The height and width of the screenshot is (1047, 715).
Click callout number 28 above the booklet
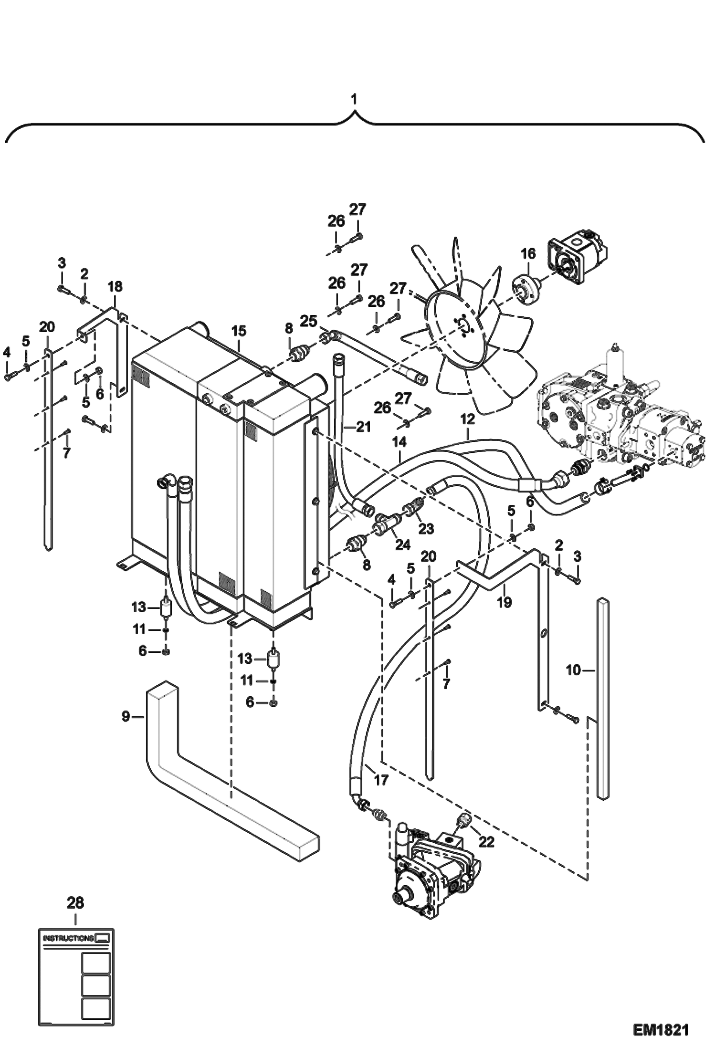pyautogui.click(x=75, y=902)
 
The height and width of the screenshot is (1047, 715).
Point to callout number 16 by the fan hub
pyautogui.click(x=528, y=253)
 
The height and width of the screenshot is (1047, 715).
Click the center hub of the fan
pyautogui.click(x=462, y=325)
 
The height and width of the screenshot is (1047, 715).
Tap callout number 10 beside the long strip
pyautogui.click(x=573, y=670)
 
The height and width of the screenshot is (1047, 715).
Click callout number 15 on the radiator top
pyautogui.click(x=239, y=331)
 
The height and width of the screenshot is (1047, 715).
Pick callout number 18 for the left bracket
pyautogui.click(x=115, y=286)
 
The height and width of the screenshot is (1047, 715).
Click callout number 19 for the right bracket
pyautogui.click(x=504, y=602)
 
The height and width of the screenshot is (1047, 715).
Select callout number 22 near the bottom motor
pyautogui.click(x=486, y=842)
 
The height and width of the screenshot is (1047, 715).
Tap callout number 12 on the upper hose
pyautogui.click(x=468, y=419)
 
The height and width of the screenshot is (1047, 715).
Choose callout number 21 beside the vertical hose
pyautogui.click(x=363, y=426)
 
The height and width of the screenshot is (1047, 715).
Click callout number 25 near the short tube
pyautogui.click(x=308, y=321)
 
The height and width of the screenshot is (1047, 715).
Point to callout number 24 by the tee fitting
pyautogui.click(x=402, y=544)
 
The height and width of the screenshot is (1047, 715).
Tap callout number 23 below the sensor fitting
pyautogui.click(x=426, y=528)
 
